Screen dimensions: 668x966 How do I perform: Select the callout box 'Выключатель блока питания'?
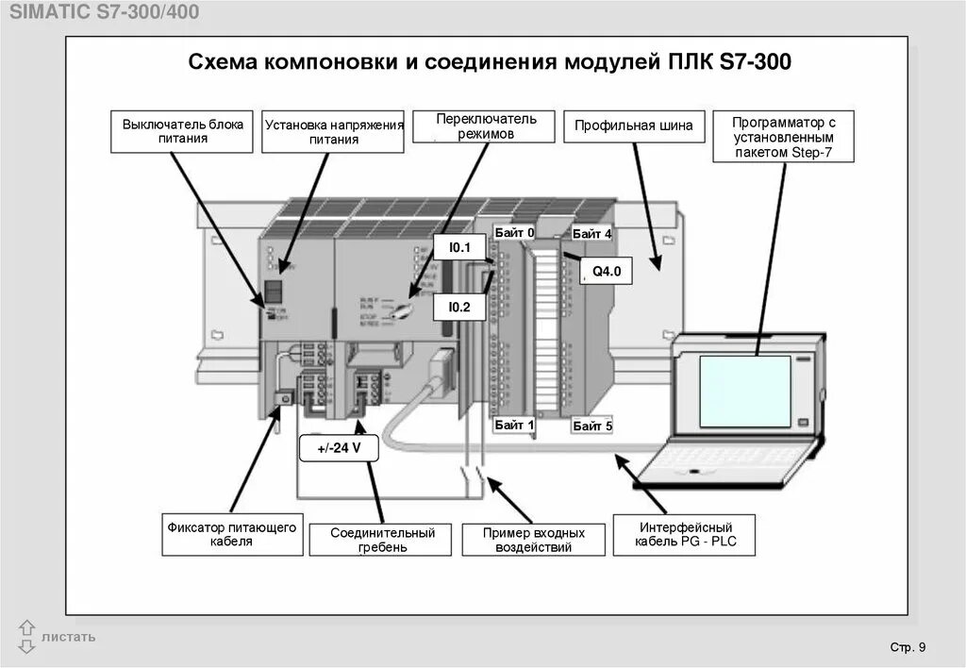pyautogui.click(x=183, y=131)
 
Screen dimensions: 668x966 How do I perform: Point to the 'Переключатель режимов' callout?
pyautogui.click(x=486, y=126)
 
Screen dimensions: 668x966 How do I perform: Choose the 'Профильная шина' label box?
pyautogui.click(x=634, y=125)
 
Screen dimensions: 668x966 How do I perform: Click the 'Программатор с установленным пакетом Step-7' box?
pyautogui.click(x=784, y=137)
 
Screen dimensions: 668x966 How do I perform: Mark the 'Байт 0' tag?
pyautogui.click(x=514, y=232)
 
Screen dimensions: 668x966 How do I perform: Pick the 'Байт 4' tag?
pyautogui.click(x=591, y=233)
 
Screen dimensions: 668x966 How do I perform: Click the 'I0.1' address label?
pyautogui.click(x=459, y=248)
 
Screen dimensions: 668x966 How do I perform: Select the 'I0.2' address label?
pyautogui.click(x=459, y=307)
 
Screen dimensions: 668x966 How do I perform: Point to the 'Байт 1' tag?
pyautogui.click(x=514, y=426)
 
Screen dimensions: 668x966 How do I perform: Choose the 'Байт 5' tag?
pyautogui.click(x=591, y=426)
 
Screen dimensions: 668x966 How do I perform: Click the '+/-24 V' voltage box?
pyautogui.click(x=338, y=448)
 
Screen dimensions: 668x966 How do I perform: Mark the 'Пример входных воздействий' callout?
pyautogui.click(x=533, y=540)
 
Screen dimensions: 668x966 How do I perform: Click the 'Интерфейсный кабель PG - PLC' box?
pyautogui.click(x=685, y=534)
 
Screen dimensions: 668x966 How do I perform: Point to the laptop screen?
pyautogui.click(x=744, y=391)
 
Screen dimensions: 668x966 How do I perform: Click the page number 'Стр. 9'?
pyautogui.click(x=908, y=646)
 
